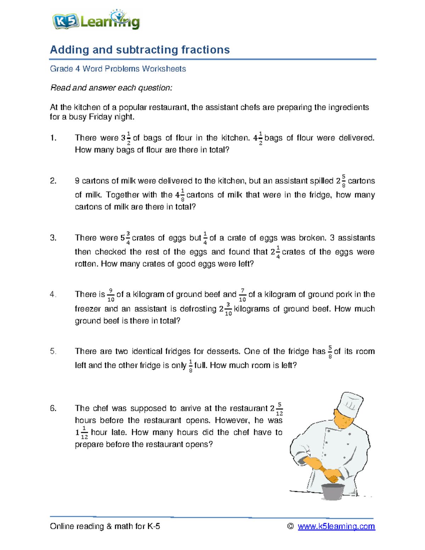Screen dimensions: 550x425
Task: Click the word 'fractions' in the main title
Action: [205, 50]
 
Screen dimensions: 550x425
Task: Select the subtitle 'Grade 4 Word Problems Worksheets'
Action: [118, 69]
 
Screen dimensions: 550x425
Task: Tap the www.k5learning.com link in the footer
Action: [336, 526]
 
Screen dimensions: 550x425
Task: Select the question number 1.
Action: [53, 138]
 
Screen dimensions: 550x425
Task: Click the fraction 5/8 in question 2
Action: [343, 181]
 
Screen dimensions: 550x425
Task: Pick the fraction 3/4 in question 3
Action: [128, 238]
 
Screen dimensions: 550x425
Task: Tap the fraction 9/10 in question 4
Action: [110, 295]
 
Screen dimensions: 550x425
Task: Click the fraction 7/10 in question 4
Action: [242, 295]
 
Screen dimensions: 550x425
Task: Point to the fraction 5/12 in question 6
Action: [279, 409]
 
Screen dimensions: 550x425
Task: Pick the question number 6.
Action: [53, 408]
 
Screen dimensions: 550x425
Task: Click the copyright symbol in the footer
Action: [290, 526]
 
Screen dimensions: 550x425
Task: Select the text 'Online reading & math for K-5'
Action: [105, 526]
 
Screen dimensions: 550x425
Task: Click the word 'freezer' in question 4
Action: [88, 309]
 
